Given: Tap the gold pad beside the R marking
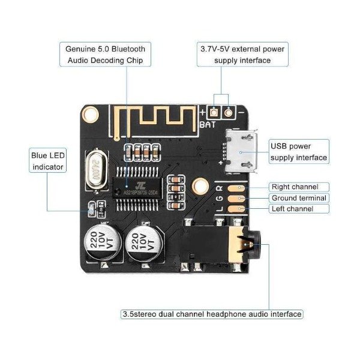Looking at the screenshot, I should [240, 187].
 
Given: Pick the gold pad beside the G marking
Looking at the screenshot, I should [240, 197].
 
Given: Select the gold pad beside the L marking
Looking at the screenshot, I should [240, 208].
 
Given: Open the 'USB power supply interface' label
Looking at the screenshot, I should [299, 152].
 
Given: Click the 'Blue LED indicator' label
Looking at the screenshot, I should [47, 161].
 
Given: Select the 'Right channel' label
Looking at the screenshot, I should [299, 187].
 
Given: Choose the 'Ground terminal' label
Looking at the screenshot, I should [299, 197].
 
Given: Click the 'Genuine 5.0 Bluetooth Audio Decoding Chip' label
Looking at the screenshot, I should [104, 54].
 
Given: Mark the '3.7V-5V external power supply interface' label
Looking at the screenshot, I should [242, 54].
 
